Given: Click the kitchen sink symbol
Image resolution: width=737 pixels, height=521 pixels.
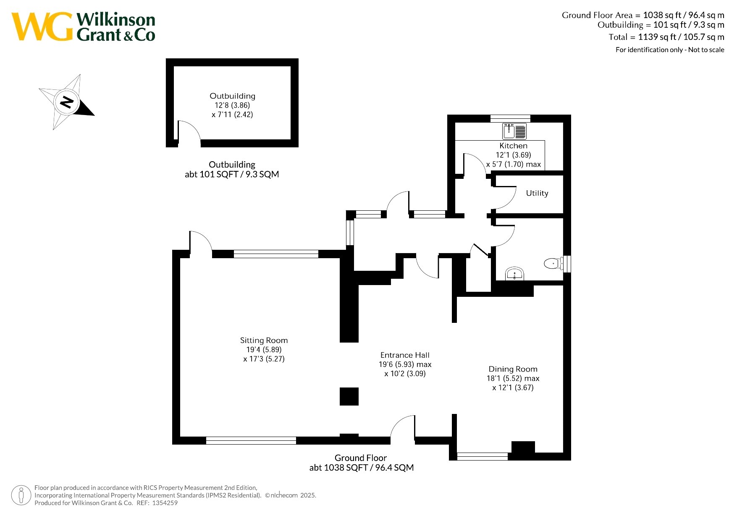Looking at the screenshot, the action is click(514, 131).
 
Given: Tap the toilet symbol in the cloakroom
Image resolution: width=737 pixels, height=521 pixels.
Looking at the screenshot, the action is click(553, 264).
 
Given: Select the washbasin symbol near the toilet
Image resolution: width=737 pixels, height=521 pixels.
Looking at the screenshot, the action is click(514, 274).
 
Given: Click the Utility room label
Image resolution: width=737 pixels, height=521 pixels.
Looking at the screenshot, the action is click(537, 193).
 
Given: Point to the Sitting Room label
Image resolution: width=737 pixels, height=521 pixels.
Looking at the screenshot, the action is click(264, 340).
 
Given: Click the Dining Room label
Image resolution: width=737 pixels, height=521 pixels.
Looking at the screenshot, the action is click(513, 369).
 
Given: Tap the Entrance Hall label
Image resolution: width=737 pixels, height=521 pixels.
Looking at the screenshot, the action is click(405, 355).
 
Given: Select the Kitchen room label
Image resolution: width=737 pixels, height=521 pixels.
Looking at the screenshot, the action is click(513, 146).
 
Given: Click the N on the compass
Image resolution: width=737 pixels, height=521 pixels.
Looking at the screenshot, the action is click(67, 102).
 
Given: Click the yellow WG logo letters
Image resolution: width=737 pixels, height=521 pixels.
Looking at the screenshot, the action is click(42, 27).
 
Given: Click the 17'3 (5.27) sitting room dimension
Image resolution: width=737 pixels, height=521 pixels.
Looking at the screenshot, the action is click(264, 359).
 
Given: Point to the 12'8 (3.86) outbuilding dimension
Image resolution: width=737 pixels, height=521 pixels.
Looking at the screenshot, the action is click(232, 105).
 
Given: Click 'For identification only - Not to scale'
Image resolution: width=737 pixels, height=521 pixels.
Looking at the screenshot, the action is click(670, 50).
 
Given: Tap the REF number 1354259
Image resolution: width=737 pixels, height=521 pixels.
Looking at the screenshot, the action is click(165, 503).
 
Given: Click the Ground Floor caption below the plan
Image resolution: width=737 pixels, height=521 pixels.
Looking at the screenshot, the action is click(361, 458).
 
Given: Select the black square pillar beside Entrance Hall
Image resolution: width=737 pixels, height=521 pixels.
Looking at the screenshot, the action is click(349, 396).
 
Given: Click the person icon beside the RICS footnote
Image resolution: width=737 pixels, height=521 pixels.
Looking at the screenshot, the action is click(21, 495).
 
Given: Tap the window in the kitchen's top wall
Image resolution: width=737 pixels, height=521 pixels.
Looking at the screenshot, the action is click(510, 118).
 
